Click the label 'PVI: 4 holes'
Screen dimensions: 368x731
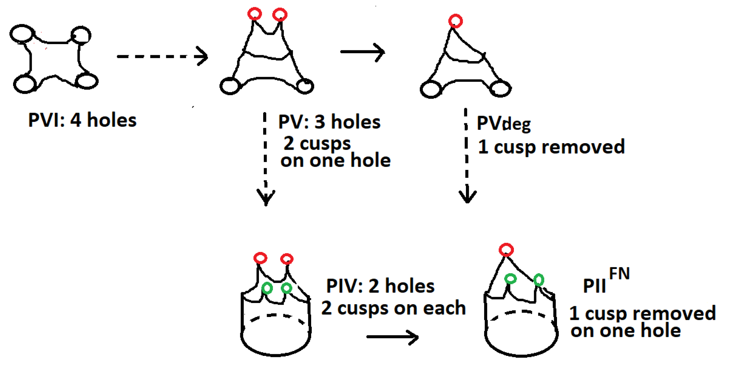tap(82, 120)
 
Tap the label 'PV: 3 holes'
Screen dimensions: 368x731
tap(329, 122)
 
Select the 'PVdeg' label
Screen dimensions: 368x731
tap(503, 124)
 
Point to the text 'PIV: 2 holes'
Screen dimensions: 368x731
tap(380, 286)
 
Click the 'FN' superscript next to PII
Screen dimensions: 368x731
tap(619, 274)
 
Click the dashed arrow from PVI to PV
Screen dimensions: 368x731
tap(162, 56)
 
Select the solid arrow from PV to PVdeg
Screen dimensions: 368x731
tap(362, 52)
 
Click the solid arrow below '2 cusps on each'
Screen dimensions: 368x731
tap(392, 337)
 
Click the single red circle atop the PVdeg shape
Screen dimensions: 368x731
tap(455, 21)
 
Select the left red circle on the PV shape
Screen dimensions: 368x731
tap(254, 14)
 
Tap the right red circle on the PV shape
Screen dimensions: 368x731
tap(280, 14)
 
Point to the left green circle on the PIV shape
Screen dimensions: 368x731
tap(267, 288)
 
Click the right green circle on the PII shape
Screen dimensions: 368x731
tap(539, 280)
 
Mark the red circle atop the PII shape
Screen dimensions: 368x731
tap(506, 250)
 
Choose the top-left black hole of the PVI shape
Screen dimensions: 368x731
tap(22, 34)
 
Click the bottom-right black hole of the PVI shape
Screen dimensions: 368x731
tap(87, 81)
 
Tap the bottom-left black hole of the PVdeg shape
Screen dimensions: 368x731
tap(431, 89)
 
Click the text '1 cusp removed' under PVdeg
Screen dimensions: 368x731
tap(551, 147)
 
